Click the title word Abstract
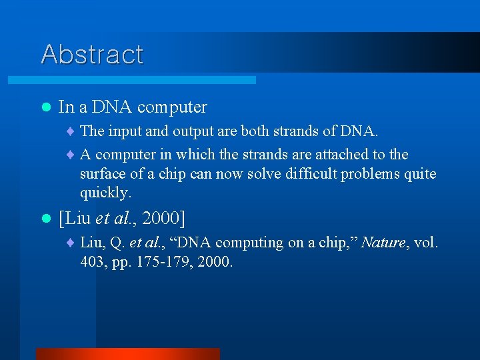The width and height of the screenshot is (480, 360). (x=92, y=54)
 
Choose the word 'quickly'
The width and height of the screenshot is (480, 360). (x=105, y=193)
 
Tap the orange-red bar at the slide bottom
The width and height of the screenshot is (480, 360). (x=127, y=354)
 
